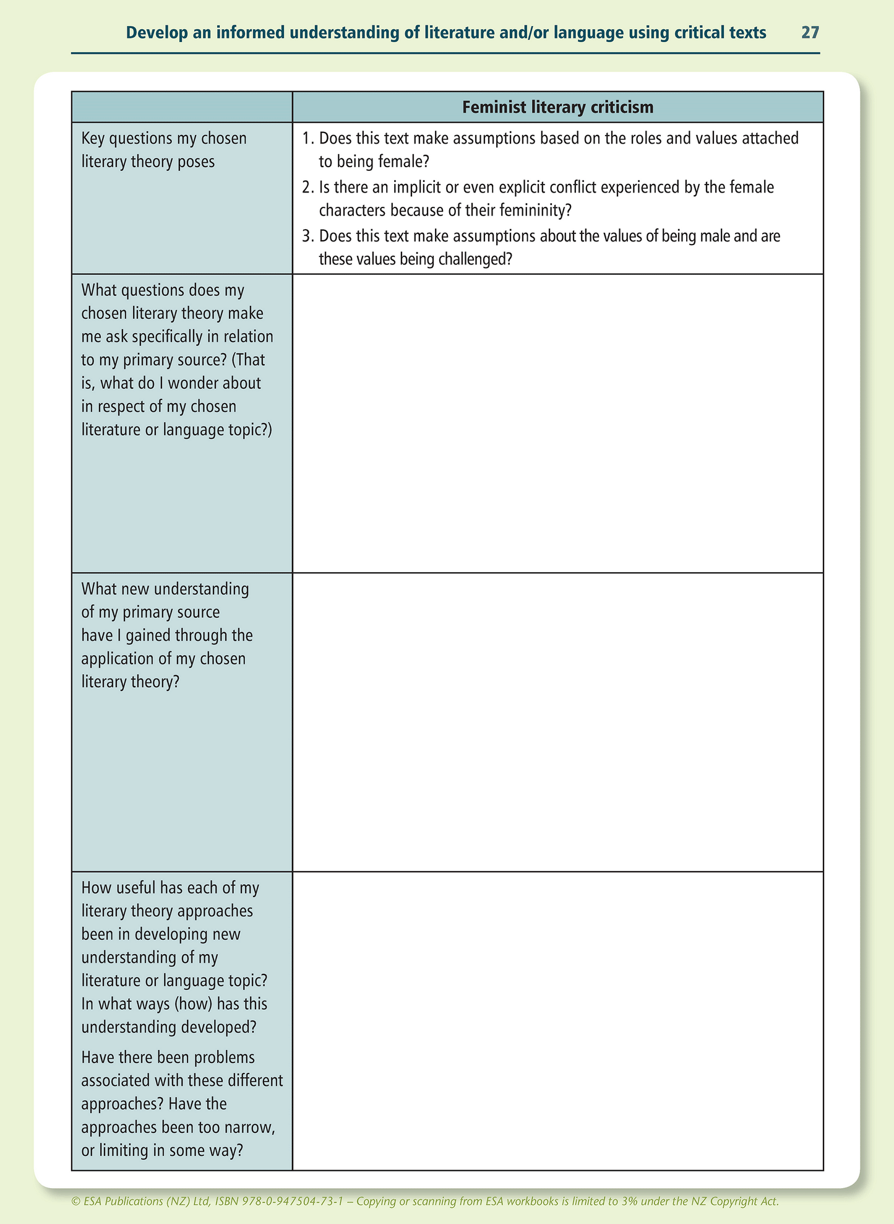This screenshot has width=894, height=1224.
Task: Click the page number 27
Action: pyautogui.click(x=810, y=33)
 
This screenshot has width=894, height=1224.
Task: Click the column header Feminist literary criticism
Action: pyautogui.click(x=557, y=108)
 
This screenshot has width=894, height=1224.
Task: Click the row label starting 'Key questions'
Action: pyautogui.click(x=164, y=150)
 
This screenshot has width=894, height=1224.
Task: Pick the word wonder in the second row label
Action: pyautogui.click(x=196, y=383)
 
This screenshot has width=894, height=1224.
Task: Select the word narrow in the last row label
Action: pyautogui.click(x=247, y=1127)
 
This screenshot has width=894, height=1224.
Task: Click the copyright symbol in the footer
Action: pyautogui.click(x=75, y=1202)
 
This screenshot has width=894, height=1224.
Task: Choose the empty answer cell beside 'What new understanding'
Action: pyautogui.click(x=557, y=722)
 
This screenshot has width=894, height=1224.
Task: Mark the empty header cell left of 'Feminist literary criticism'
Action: pyautogui.click(x=182, y=108)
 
